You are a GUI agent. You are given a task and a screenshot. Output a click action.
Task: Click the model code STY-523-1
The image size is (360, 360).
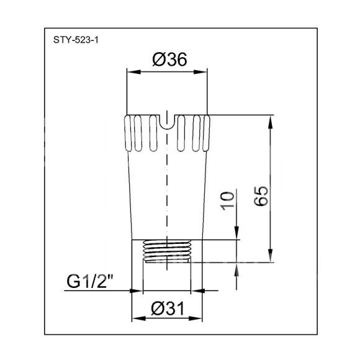coord(76,40)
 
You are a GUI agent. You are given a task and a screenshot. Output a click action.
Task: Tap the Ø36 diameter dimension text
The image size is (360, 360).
coord(169,60)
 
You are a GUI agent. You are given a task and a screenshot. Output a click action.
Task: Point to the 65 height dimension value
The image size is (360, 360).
coord(261,196)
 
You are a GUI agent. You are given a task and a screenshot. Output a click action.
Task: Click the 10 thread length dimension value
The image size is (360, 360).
coord(228,201)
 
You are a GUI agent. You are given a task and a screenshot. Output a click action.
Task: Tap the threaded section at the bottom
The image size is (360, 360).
coord(167,251)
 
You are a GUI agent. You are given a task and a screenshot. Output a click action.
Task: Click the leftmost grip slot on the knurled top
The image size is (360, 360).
coord(128,133)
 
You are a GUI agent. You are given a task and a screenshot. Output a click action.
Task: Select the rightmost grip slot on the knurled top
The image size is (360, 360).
coord(207,133)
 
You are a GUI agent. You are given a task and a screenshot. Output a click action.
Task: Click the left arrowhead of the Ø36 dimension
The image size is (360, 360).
coord(134,72)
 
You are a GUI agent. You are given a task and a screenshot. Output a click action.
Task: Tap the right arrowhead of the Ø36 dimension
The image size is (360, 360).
coord(200,72)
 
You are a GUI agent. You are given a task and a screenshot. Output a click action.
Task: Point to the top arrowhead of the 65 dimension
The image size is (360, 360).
coord(271,122)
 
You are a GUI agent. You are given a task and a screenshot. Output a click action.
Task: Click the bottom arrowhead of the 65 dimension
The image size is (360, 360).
coord(271,255)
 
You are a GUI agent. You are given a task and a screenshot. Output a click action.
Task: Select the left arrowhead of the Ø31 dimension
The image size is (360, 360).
coord(139,318)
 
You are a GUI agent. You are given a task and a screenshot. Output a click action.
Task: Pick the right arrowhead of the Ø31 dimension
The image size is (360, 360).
coord(196,318)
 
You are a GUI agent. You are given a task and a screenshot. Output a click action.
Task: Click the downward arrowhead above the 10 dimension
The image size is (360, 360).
coord(236,233)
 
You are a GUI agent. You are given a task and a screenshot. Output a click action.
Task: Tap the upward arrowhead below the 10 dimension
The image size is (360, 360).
coord(236,269)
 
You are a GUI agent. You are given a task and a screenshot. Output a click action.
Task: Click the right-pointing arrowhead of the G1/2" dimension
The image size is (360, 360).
coord(136,290)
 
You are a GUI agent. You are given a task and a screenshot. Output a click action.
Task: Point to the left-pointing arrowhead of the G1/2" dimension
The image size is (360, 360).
coord(198,290)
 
